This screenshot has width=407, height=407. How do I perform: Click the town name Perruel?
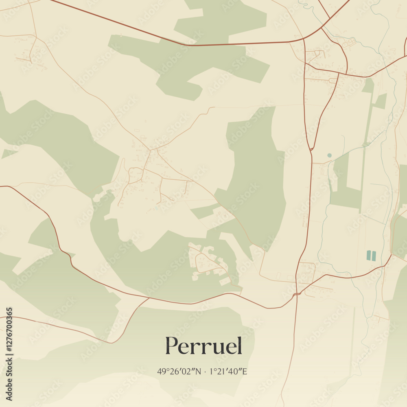point(203,346)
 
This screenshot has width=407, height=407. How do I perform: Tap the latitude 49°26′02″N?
point(179,371)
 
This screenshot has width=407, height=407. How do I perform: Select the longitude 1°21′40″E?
point(228,371)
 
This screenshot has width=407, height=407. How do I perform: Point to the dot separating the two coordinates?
point(205,372)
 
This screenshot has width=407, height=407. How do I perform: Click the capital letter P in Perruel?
point(172,346)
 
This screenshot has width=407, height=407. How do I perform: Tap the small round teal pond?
point(329,155)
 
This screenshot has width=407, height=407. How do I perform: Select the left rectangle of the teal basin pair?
point(369,256)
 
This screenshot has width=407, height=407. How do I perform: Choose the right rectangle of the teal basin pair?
point(374,256)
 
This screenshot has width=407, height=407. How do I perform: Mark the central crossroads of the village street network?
point(150,150)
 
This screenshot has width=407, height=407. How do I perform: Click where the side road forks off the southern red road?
point(148,298)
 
